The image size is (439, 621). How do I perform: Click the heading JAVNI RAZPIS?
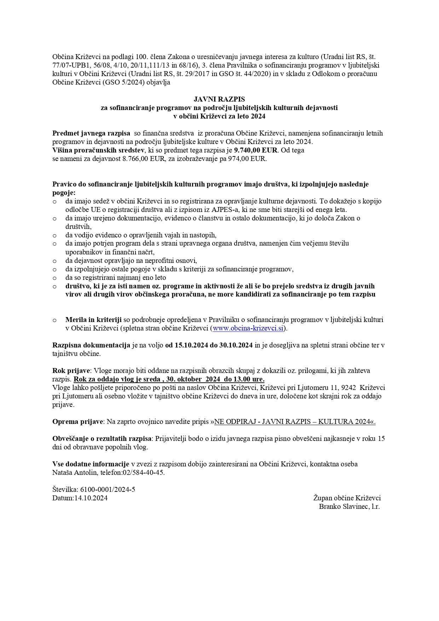click(x=219, y=99)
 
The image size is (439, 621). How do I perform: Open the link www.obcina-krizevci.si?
click(x=248, y=328)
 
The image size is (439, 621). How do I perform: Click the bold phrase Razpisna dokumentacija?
click(x=91, y=345)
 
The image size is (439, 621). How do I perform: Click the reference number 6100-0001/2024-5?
click(x=108, y=490)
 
